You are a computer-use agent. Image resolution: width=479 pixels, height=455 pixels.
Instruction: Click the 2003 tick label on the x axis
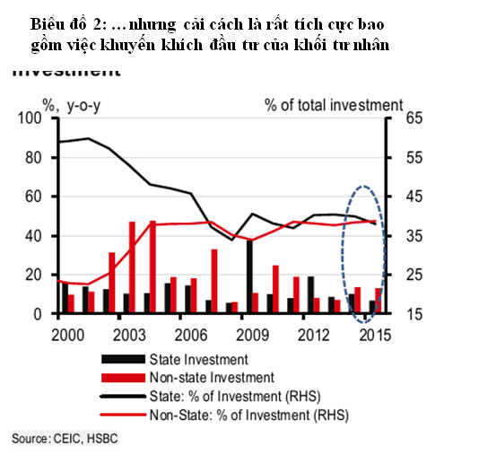click(132, 336)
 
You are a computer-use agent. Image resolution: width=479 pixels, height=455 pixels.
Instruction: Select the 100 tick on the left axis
click(30, 118)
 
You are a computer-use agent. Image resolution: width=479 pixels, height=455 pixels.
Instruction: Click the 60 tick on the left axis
click(34, 197)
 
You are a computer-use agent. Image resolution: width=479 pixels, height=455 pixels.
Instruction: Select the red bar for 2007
click(213, 281)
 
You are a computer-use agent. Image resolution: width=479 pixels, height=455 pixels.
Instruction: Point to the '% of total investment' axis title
click(334, 105)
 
